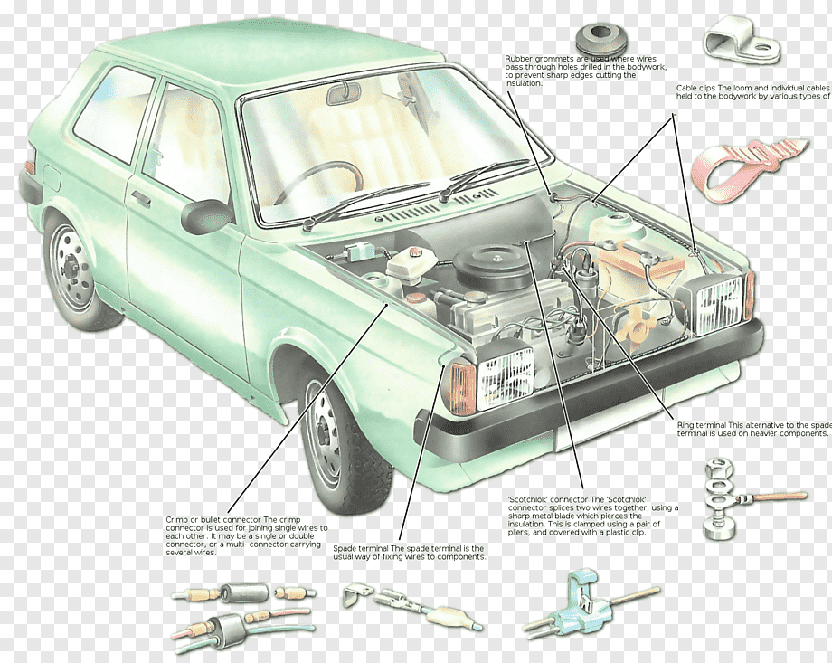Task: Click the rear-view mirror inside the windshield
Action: (x=344, y=92)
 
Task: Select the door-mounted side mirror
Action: (x=206, y=216)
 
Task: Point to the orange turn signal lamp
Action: (x=462, y=388)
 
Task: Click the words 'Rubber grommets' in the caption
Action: (x=534, y=59)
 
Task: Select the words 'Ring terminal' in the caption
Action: (x=702, y=424)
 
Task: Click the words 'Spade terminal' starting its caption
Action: (x=361, y=548)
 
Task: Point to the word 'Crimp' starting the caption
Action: (x=177, y=520)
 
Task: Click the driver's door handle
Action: (x=140, y=198)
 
